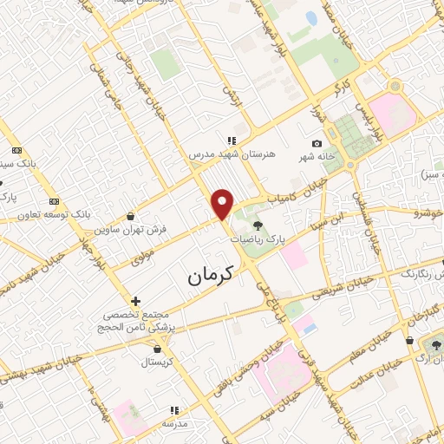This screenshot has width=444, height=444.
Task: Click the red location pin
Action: pos(224,205)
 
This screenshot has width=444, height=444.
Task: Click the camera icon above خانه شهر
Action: pos(317,143)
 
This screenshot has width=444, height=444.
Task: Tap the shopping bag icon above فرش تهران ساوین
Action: pos(130,217)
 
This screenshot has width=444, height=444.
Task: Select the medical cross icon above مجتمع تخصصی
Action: pos(135,301)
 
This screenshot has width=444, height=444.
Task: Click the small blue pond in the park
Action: pos(311,18)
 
